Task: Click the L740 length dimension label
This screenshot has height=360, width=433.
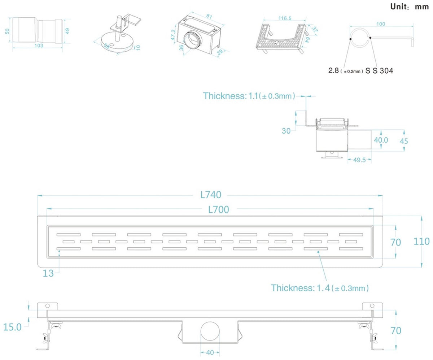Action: click(211, 195)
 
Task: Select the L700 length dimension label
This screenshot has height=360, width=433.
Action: click(219, 209)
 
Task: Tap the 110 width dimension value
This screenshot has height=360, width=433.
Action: click(421, 241)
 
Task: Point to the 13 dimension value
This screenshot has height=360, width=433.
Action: click(48, 273)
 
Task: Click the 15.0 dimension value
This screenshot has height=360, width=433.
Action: click(12, 327)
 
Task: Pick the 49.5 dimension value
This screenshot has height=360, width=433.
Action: click(359, 160)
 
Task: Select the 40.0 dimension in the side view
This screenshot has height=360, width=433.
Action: click(381, 140)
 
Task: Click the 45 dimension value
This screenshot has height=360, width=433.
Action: click(404, 141)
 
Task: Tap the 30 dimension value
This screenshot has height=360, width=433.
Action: click(286, 131)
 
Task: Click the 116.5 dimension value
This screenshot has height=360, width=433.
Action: click(285, 18)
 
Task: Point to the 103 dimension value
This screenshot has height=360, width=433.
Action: click(39, 45)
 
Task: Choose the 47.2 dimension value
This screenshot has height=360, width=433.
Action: click(173, 35)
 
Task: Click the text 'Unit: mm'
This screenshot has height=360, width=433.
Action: click(410, 6)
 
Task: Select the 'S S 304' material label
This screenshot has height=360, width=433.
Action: click(379, 71)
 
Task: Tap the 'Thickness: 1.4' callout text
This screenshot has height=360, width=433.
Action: click(300, 288)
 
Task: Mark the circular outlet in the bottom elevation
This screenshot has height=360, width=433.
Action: click(210, 331)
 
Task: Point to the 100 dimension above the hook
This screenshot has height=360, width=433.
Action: click(381, 24)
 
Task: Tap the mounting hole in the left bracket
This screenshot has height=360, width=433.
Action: click(48, 305)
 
